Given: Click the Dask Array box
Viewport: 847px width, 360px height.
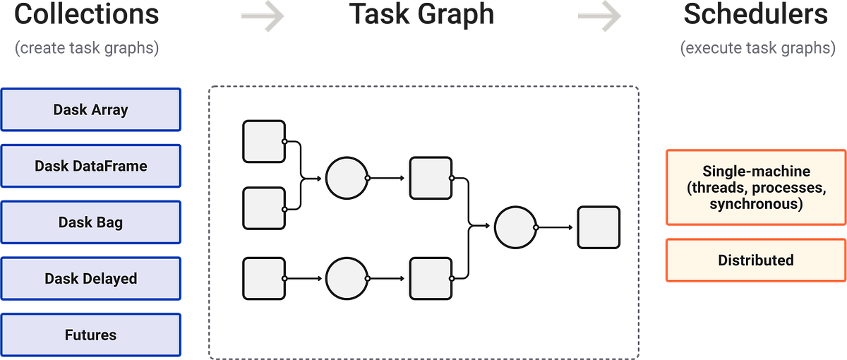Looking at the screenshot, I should (91, 109).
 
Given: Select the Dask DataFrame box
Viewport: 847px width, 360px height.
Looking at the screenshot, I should (91, 166).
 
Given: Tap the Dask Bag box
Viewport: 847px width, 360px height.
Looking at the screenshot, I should (91, 222).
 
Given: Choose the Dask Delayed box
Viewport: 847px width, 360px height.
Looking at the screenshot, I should (91, 279).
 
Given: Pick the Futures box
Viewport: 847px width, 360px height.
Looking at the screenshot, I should (91, 335).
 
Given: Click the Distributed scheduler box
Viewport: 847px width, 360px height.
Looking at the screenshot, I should (755, 260).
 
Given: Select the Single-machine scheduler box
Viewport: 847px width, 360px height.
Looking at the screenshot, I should (755, 187).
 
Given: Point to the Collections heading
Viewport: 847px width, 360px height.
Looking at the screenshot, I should (86, 14).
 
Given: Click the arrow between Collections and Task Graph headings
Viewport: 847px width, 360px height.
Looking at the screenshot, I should (262, 17).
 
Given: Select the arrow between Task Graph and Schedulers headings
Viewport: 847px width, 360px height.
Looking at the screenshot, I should (599, 17).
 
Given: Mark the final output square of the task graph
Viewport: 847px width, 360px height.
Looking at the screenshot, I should (599, 227).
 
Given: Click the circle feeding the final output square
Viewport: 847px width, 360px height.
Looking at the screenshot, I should (516, 227).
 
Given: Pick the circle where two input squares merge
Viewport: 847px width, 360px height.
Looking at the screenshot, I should (347, 178).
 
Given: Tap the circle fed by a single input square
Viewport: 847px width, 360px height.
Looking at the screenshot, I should (347, 279).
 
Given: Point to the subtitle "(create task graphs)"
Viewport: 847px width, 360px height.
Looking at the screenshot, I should (86, 48).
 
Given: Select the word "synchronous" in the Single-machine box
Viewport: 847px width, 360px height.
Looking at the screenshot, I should (755, 204).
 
